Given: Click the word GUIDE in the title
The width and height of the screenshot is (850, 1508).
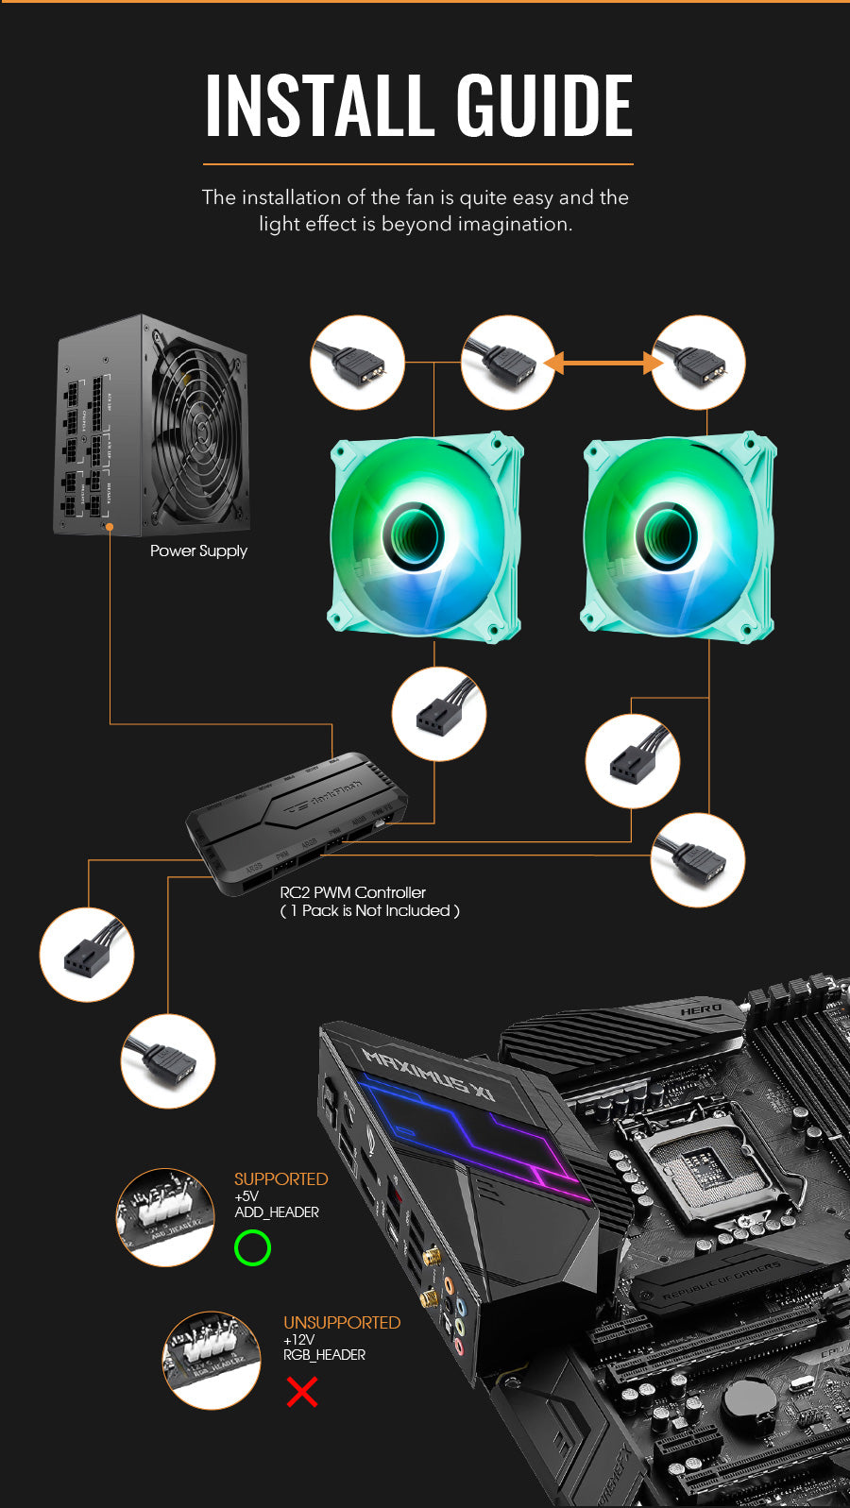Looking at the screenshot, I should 545,105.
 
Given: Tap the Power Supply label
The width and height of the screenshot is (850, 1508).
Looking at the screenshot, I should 198,551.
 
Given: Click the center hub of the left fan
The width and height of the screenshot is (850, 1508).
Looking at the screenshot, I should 414,535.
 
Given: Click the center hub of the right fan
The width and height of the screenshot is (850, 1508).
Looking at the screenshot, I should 667,535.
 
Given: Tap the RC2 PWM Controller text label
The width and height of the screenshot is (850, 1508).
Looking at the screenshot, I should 352,892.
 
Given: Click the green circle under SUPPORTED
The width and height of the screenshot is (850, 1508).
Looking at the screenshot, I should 252,1247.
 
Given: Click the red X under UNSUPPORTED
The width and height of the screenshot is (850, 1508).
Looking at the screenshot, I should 302,1391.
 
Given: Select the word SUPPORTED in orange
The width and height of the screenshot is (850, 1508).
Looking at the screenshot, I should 280,1179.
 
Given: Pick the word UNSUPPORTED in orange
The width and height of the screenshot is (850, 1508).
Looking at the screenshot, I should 342,1323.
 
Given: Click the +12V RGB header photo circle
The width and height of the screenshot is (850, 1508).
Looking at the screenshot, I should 212,1360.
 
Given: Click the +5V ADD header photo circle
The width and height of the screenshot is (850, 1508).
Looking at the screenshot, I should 165,1216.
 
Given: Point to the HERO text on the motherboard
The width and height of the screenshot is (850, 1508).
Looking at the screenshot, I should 700,1010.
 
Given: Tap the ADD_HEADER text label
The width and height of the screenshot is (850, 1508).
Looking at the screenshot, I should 277,1212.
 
